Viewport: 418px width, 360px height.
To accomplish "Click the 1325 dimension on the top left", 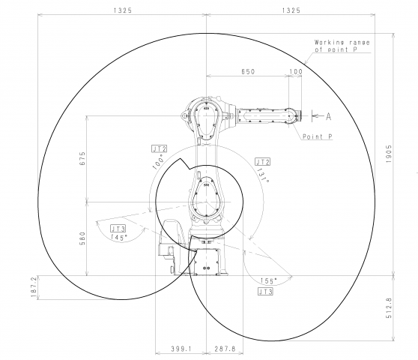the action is coord(123,10).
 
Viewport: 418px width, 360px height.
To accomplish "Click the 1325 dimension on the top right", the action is coord(291,10).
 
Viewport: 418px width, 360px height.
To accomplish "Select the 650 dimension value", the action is coord(248,71).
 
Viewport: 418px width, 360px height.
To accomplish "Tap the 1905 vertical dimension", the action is coord(389,154).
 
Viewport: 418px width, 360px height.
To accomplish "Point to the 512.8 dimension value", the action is coord(389,308).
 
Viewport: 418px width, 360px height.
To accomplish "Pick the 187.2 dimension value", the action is coord(34,287).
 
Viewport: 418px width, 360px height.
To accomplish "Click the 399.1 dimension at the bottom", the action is coord(181,349).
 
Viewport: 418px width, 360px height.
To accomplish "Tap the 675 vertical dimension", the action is coord(82,158).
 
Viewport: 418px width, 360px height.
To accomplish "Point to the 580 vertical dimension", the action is coord(82,238).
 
